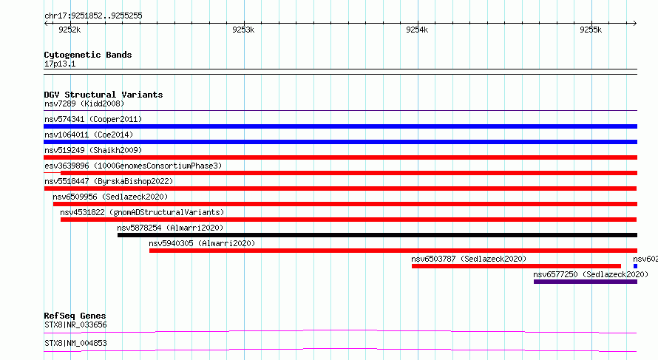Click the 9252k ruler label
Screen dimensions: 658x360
[69, 30]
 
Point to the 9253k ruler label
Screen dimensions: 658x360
[243, 30]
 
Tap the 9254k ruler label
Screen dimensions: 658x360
[417, 30]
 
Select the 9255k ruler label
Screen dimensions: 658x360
[591, 30]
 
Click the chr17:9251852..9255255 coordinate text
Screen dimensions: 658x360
[94, 16]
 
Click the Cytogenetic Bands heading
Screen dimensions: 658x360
[88, 55]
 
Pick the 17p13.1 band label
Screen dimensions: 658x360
[60, 64]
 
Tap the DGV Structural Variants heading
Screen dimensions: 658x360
[104, 95]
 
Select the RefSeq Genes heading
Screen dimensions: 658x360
[75, 316]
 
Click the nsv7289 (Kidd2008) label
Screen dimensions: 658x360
[84, 104]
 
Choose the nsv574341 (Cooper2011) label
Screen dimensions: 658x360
[93, 120]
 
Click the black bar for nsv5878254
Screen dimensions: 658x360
[377, 235]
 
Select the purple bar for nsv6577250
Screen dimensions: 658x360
[586, 282]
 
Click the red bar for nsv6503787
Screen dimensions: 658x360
[516, 266]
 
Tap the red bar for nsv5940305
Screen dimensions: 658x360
[393, 251]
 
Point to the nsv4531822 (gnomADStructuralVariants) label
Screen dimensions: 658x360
[142, 213]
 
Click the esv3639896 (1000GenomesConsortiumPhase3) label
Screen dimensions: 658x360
[133, 166]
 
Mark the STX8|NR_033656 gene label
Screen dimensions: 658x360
[75, 325]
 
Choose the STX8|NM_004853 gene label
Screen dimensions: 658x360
[75, 344]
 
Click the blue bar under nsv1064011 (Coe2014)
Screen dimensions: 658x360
[340, 142]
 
